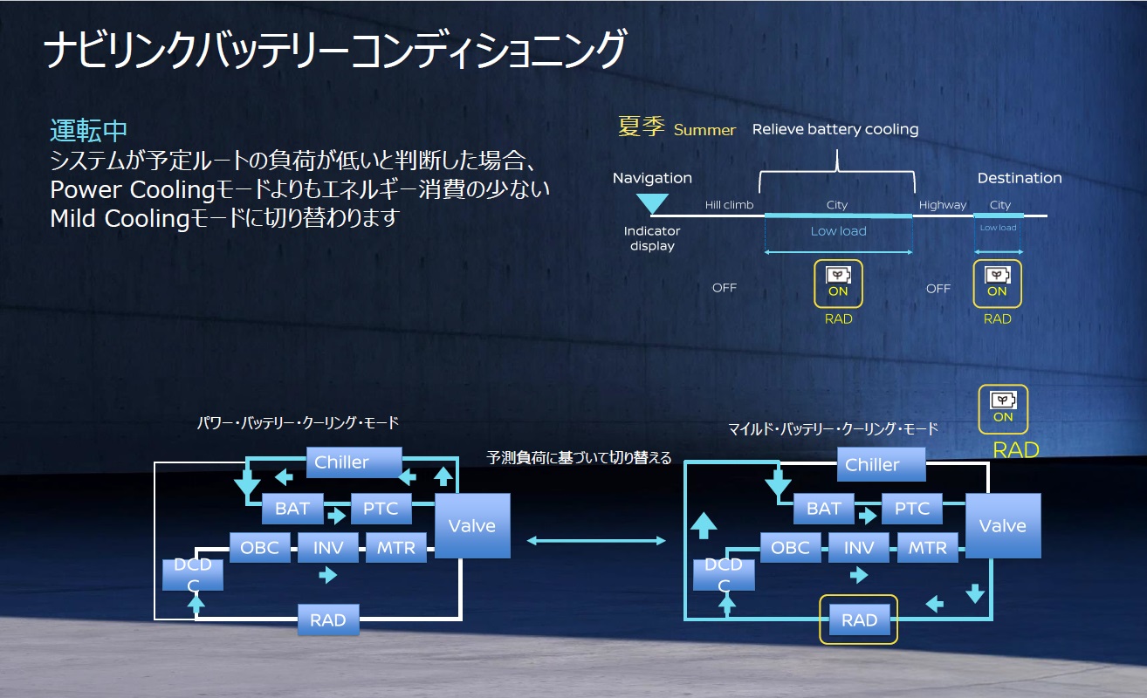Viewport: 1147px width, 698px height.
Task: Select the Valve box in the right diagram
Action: coord(1002,526)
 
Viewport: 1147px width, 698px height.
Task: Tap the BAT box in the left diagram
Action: coord(292,508)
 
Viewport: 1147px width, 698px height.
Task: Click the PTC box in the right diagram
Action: coord(911,509)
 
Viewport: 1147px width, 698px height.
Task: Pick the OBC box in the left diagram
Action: coord(259,548)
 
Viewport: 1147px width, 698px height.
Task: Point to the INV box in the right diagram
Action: coord(859,548)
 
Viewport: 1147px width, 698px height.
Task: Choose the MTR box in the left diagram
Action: coord(396,548)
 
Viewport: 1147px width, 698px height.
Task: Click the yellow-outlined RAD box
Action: coord(858,620)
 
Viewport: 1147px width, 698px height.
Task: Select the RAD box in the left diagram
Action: coord(328,620)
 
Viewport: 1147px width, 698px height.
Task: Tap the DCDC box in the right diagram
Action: coord(723,575)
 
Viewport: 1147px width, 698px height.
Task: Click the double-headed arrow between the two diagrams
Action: coord(596,541)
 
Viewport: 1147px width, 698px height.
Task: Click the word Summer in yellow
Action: coord(704,130)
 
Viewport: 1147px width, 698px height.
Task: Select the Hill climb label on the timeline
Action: coord(729,205)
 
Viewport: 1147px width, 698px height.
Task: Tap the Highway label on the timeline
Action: coord(943,205)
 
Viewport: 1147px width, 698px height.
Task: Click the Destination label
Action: coord(1019,178)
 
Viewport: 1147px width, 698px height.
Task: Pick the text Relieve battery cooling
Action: coord(835,129)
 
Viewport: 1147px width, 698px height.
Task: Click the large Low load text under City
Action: coord(838,231)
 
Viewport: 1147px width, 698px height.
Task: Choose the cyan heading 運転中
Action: coord(89,131)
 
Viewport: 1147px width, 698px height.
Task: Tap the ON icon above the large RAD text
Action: coord(1003,408)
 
